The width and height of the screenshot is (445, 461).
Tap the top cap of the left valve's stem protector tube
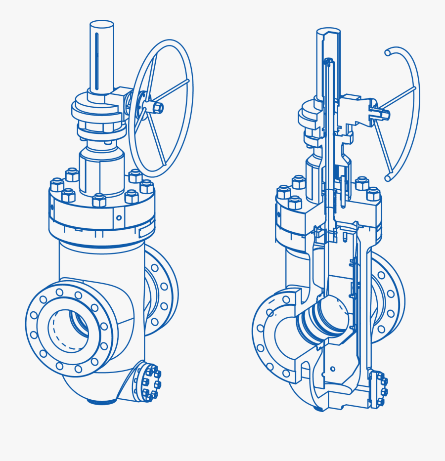pos(102,25)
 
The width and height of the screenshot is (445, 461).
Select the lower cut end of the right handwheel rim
pos(389,175)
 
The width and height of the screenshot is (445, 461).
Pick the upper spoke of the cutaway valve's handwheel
pos(398,99)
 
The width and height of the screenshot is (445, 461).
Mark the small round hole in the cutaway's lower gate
pos(333,369)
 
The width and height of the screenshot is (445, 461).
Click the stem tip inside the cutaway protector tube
pos(328,62)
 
